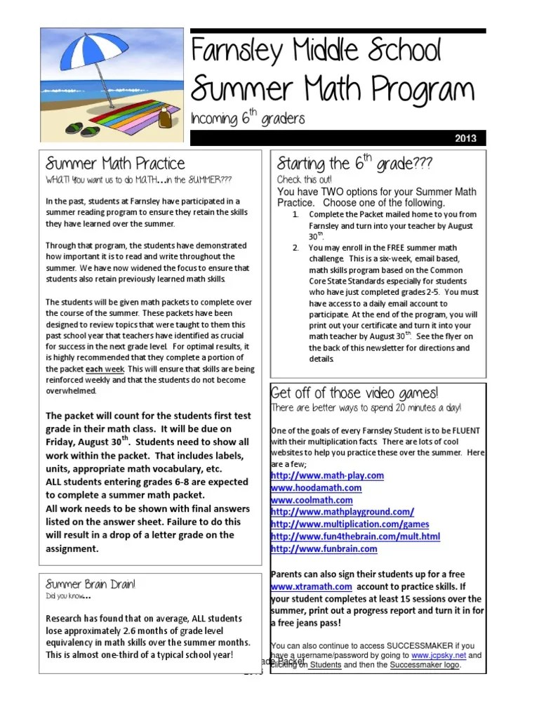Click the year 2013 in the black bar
tap(465, 138)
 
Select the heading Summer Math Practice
tap(115, 164)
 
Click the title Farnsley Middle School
tap(317, 51)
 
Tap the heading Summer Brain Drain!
tap(91, 583)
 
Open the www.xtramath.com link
tap(311, 586)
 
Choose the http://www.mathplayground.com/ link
tap(342, 512)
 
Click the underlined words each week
tap(105, 369)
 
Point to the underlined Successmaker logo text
tap(425, 665)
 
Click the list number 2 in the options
tap(296, 248)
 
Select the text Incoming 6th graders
tap(248, 119)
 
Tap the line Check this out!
tap(299, 180)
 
